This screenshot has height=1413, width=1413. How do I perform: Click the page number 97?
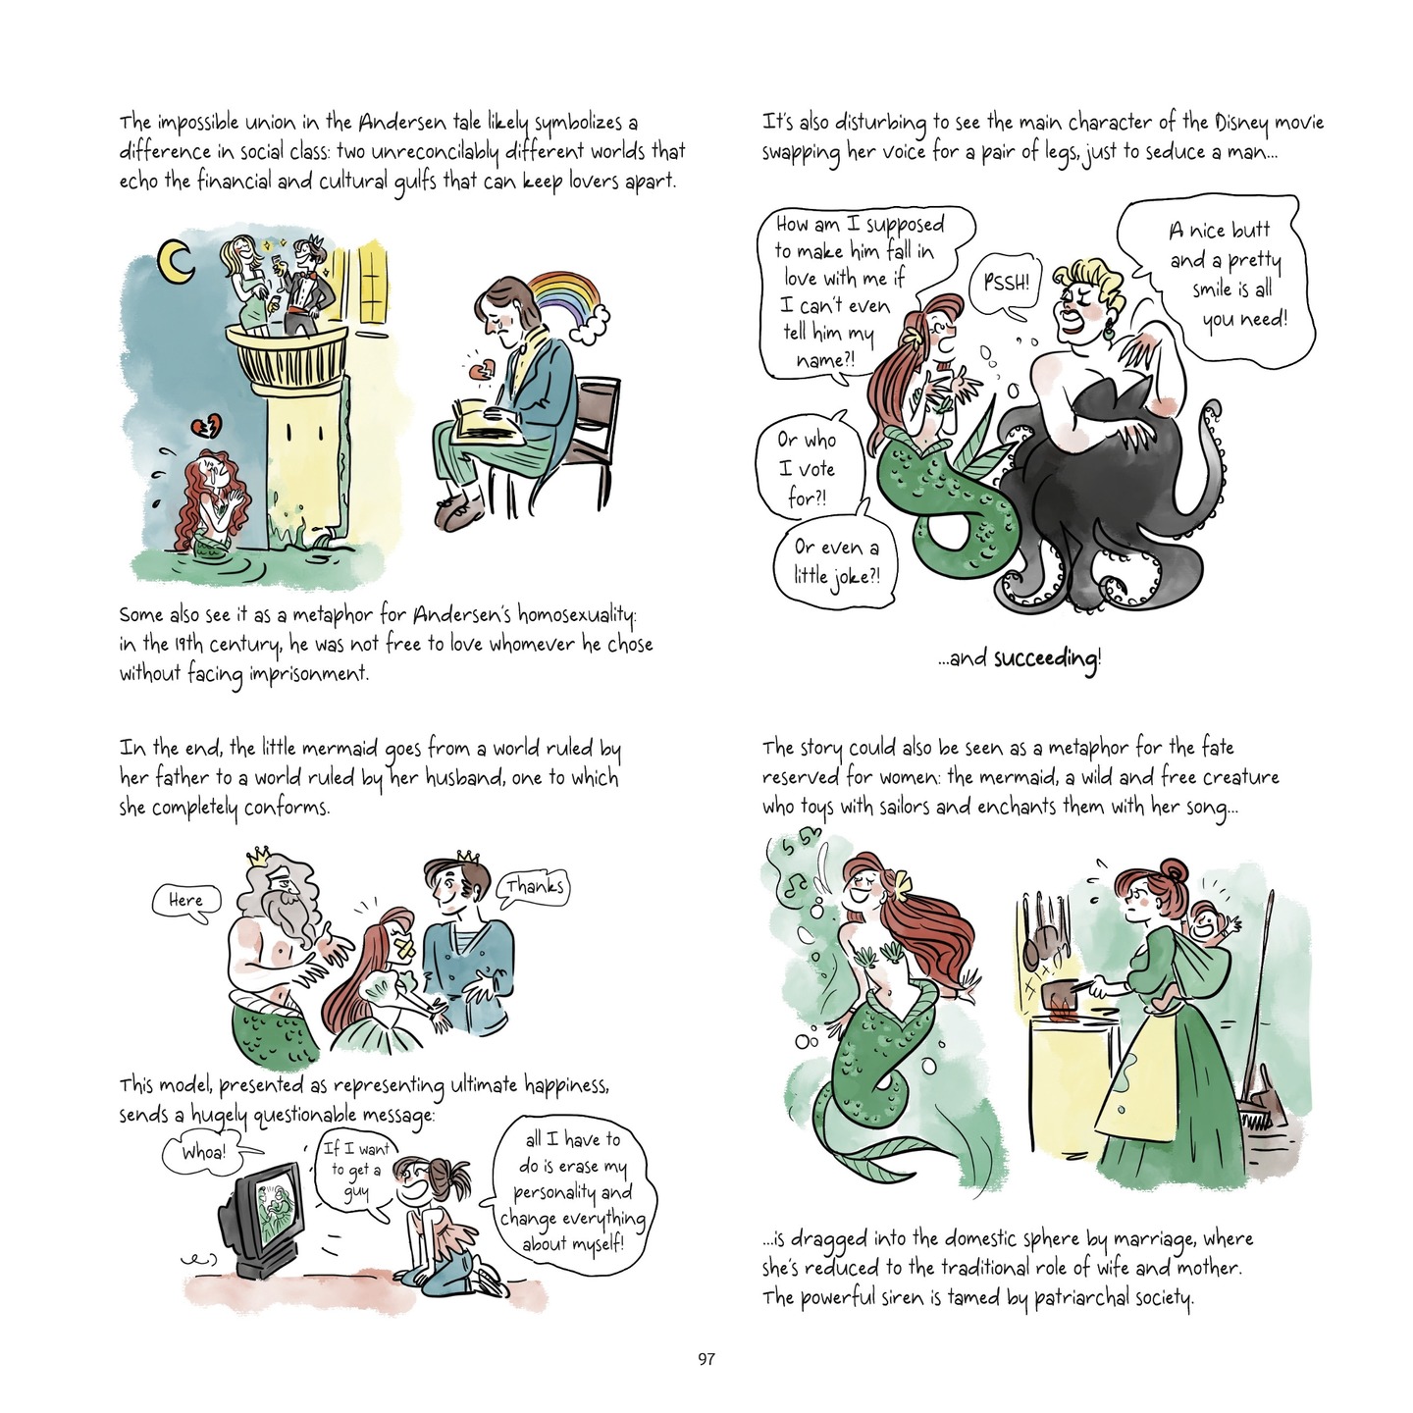coord(706,1359)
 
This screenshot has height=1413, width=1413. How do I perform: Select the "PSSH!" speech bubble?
coord(1005,285)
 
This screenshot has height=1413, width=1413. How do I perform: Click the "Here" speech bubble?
coord(186,901)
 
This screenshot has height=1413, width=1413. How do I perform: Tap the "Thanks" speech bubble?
coord(535,887)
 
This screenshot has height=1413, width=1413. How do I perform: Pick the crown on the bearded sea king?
coord(258,855)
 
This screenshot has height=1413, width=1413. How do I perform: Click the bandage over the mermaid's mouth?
coord(404,950)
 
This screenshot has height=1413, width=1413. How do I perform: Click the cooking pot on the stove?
coord(1063,996)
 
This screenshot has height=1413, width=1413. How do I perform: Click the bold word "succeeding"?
coord(1047,659)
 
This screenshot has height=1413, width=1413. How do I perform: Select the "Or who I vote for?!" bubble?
coord(808,467)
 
